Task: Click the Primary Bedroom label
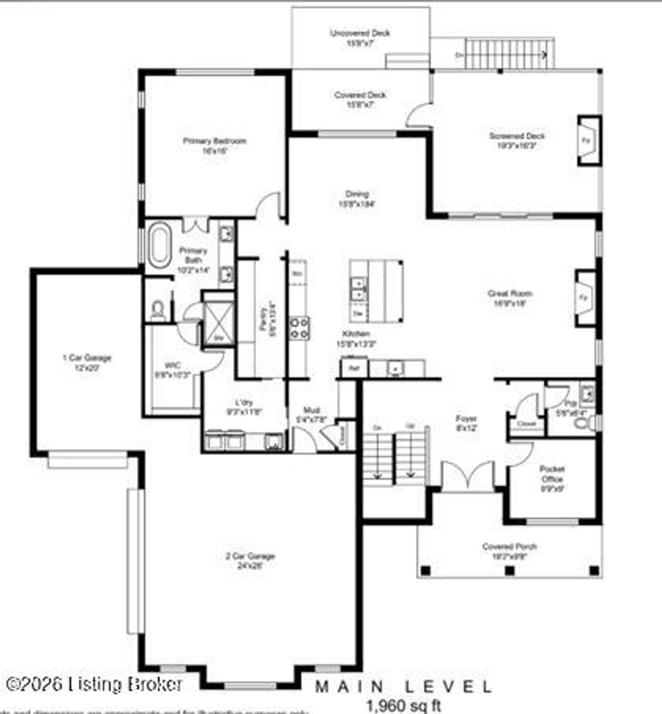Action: pyautogui.click(x=214, y=145)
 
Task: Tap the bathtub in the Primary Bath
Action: pyautogui.click(x=158, y=244)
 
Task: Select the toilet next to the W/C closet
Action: pyautogui.click(x=158, y=310)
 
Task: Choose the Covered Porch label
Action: pyautogui.click(x=509, y=550)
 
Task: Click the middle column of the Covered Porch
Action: pyautogui.click(x=509, y=570)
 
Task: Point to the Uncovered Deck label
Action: pyautogui.click(x=360, y=37)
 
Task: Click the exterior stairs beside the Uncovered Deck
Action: pyautogui.click(x=509, y=54)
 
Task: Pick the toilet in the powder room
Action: pyautogui.click(x=584, y=424)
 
